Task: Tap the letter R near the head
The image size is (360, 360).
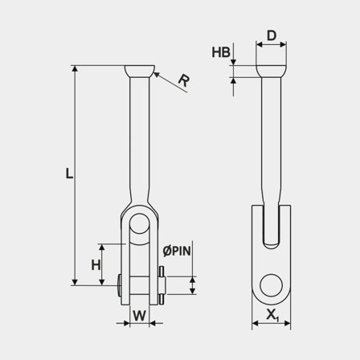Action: click(x=183, y=80)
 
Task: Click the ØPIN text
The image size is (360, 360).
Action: click(x=176, y=251)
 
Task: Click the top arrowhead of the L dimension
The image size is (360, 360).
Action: click(x=76, y=69)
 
